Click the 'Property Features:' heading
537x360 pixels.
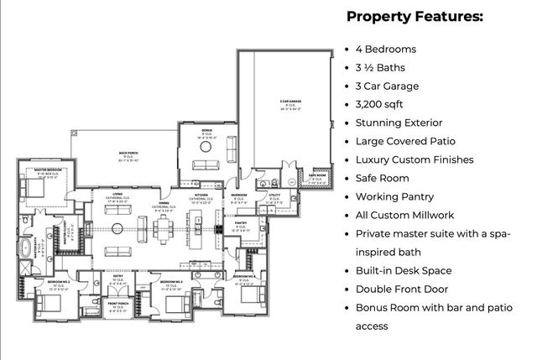[x=414, y=16]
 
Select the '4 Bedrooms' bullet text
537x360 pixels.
[x=386, y=49]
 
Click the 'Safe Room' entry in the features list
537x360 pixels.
[x=383, y=178]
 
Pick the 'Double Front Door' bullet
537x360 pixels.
[x=404, y=289]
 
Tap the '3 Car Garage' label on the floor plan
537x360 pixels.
[x=291, y=102]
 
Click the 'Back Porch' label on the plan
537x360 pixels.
[x=128, y=154]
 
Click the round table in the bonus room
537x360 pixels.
[x=206, y=146]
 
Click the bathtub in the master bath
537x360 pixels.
[x=26, y=248]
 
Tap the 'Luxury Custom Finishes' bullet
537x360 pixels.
[x=414, y=159]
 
